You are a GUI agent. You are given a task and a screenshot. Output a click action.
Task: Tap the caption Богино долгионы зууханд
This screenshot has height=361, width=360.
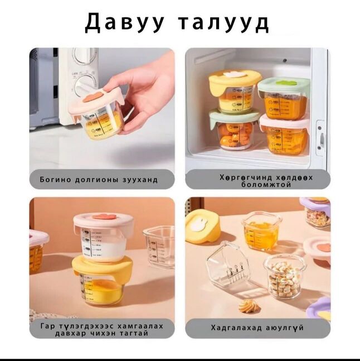click(x=99, y=180)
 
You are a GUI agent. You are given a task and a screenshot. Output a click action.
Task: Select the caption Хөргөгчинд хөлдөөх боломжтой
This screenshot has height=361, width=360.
click(x=258, y=180)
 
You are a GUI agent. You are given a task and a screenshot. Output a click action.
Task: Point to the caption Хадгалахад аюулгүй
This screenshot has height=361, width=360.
click(x=257, y=328)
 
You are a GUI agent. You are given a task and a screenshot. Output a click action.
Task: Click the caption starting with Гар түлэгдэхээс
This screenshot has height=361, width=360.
click(x=102, y=329)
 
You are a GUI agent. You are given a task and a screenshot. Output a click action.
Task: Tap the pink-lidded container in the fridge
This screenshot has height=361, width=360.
click(x=284, y=134)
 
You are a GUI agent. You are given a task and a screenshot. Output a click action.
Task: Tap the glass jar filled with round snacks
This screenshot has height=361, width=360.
click(x=284, y=276)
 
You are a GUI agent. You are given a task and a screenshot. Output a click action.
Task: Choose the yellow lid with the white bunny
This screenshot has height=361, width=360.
click(x=202, y=225)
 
